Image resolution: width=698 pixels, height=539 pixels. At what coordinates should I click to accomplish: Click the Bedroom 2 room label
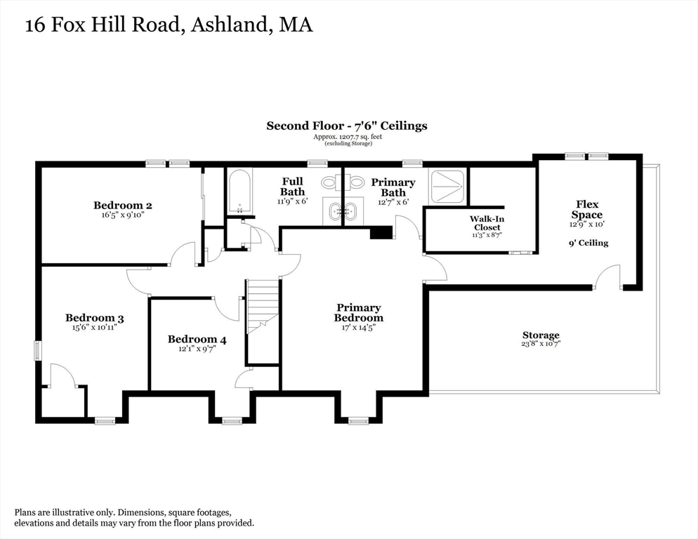pos(123,206)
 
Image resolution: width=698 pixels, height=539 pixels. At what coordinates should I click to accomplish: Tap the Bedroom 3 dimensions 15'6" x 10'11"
pos(95,327)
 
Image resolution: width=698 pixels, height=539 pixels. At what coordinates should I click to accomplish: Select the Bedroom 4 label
pos(197,340)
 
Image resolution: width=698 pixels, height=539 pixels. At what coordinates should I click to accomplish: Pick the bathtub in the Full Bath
pos(239,191)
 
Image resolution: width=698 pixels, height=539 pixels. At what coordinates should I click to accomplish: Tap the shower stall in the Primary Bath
pos(447,186)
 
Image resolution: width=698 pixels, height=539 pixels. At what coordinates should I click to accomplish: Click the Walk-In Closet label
pos(487,223)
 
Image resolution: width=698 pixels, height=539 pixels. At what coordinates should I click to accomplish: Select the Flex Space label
pos(586,210)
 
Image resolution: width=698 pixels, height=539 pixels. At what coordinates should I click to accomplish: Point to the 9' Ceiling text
pos(588,243)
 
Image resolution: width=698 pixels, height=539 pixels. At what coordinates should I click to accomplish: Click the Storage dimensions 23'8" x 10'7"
pos(541,345)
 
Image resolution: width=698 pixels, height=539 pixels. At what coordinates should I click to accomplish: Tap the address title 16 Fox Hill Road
pos(169,25)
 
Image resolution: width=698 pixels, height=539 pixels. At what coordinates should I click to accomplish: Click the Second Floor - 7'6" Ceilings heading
pos(346,126)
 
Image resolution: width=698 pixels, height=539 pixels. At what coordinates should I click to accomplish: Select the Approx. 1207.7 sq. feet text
pos(348,137)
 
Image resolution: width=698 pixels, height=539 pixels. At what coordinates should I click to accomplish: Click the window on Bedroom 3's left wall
pos(39,350)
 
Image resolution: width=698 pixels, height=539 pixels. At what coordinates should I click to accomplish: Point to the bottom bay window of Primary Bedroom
pos(358,420)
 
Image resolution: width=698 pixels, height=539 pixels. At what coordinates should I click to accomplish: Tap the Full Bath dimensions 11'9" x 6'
pos(292,201)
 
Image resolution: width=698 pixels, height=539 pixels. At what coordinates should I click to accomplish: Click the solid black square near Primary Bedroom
pos(381,233)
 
